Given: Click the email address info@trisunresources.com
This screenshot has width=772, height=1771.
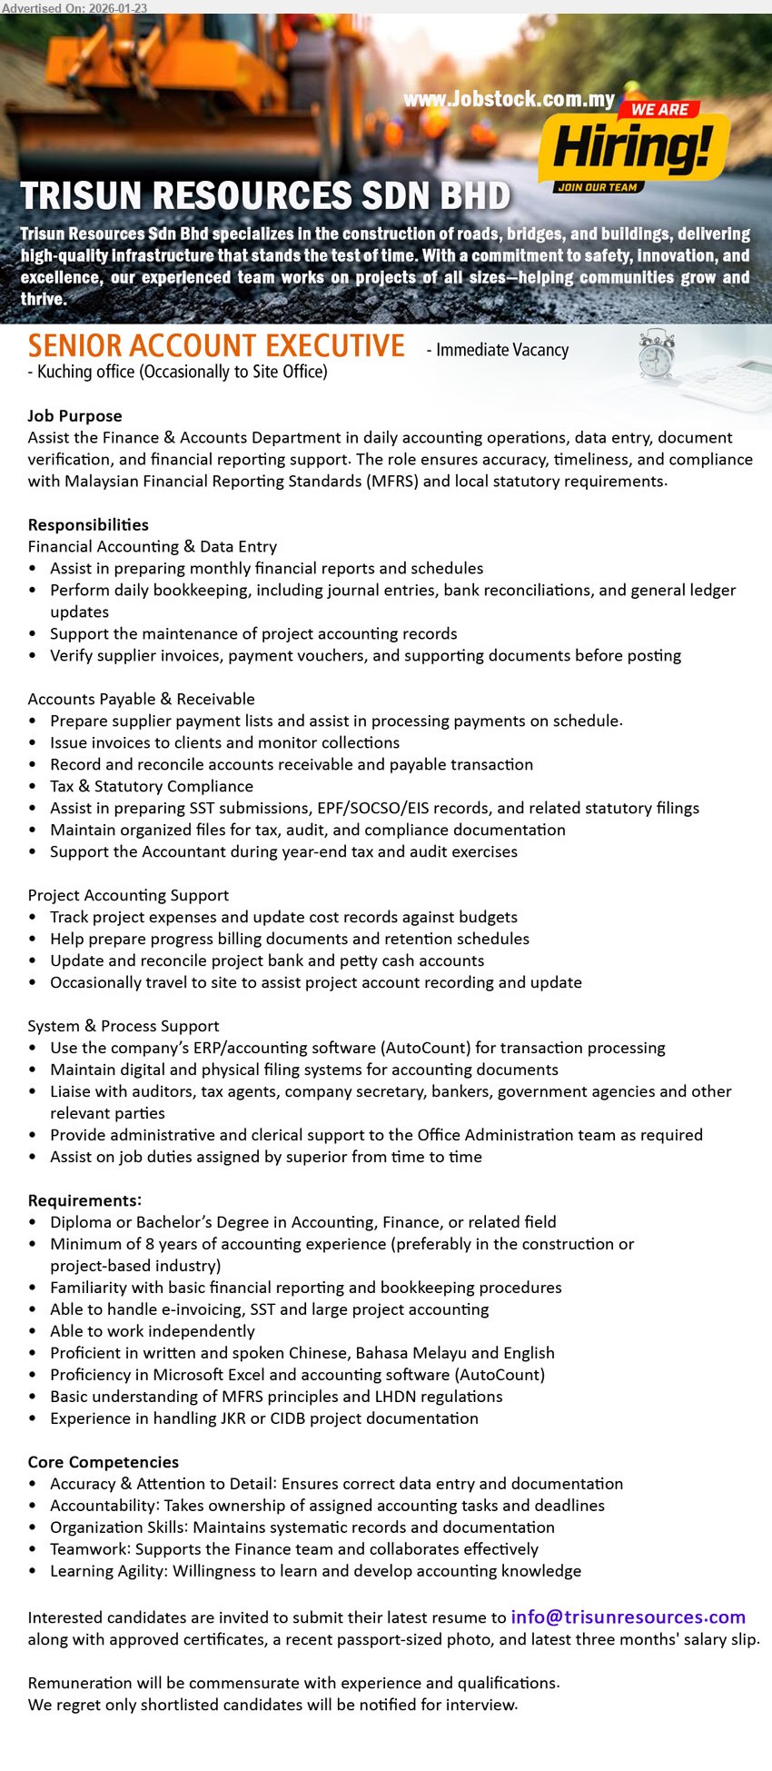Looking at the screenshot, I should (628, 1617).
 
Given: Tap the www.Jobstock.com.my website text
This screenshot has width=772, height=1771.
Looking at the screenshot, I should (509, 99).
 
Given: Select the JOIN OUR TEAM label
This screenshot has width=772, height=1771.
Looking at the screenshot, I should (597, 187).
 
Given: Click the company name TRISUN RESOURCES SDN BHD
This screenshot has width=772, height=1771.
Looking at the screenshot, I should (265, 196).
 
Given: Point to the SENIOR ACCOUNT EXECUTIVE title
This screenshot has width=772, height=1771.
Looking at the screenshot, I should (216, 346).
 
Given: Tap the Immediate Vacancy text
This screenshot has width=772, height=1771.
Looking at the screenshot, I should (501, 350).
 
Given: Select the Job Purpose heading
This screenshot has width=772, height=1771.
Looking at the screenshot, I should (74, 415).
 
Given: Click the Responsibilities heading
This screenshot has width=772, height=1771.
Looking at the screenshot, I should (88, 524).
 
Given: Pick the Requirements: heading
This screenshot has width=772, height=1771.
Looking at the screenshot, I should (84, 1200).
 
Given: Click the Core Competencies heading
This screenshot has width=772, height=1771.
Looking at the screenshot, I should (103, 1462).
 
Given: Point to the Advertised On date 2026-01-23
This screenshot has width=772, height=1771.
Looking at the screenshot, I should (74, 7).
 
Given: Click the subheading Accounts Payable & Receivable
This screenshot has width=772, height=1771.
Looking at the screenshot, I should (141, 699).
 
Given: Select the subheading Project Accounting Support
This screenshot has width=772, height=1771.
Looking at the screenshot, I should (128, 895).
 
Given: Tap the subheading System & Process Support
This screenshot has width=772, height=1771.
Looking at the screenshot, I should (124, 1026).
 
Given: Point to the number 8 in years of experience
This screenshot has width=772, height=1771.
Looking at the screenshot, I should (149, 1244).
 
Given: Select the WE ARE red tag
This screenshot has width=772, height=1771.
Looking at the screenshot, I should (659, 110).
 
